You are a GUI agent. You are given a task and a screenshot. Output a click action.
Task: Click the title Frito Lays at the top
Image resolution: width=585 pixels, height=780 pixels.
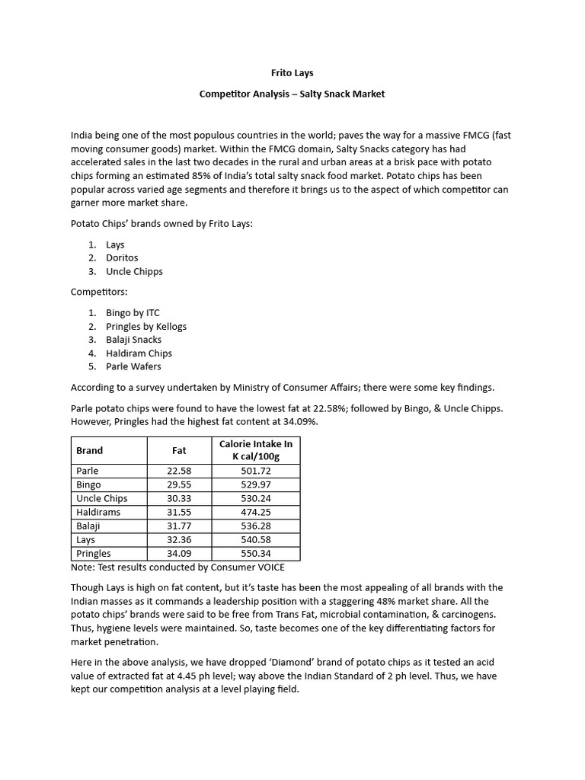pos(292,73)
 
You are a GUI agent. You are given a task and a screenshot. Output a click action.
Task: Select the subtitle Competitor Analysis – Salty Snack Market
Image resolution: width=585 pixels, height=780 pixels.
pos(292,94)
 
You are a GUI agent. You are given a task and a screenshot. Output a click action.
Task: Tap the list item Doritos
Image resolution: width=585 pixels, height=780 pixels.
pos(122,258)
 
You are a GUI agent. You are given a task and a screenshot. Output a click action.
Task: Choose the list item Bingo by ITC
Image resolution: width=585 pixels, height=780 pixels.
pos(133,313)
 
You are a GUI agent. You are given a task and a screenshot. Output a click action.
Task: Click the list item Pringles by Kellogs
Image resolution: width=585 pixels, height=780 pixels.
pos(145,326)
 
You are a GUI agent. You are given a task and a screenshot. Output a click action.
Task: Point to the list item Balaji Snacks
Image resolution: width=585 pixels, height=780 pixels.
pos(133,340)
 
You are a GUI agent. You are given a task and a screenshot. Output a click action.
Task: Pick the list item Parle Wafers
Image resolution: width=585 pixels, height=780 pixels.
pos(133,366)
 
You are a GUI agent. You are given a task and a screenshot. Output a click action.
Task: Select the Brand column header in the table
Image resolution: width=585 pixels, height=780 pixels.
pos(90,450)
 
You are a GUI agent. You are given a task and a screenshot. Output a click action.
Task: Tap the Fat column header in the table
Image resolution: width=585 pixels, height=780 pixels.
pos(179,450)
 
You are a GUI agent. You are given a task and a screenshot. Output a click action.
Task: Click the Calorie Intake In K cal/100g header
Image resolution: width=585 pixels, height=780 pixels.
pos(255,450)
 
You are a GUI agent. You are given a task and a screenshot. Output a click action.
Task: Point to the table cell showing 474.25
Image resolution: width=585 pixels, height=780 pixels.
pos(255,512)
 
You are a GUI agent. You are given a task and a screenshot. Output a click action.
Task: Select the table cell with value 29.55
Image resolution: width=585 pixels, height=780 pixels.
pos(179,484)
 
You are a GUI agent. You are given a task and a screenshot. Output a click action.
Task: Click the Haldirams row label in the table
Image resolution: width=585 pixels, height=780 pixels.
pos(98,512)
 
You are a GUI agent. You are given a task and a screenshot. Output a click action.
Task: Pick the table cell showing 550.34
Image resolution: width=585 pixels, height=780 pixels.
pos(255,554)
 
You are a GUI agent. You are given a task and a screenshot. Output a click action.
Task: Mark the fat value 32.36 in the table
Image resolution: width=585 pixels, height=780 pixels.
pos(179,540)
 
